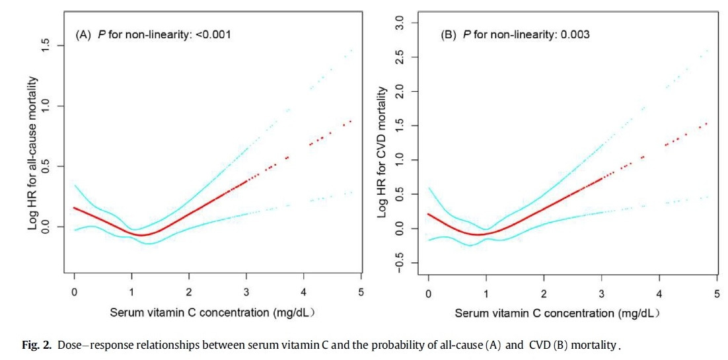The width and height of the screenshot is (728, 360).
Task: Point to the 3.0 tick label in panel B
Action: [x=399, y=23]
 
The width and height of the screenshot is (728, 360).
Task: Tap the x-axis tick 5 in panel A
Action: [x=361, y=291]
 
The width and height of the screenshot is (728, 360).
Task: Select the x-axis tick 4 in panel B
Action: [x=659, y=291]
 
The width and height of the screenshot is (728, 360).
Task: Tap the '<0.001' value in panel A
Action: [x=213, y=34]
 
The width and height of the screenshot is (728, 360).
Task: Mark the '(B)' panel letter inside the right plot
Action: [x=449, y=34]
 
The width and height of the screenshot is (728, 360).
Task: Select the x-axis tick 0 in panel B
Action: [x=429, y=291]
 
